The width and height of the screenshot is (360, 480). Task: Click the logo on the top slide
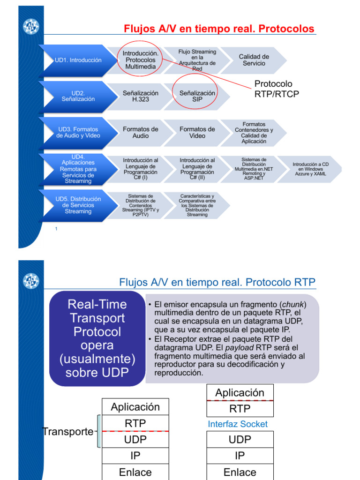click(x=31, y=26)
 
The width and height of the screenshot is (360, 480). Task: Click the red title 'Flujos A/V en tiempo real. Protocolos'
click(x=219, y=29)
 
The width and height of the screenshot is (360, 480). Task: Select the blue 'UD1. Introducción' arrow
click(x=78, y=60)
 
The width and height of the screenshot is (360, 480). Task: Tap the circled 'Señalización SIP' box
click(x=197, y=96)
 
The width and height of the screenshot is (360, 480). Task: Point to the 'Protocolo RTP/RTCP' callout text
click(x=277, y=89)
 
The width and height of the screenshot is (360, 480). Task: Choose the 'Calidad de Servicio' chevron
click(x=254, y=60)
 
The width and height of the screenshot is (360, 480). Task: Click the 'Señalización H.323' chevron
click(x=141, y=96)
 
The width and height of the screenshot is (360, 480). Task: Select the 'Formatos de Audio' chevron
click(x=141, y=132)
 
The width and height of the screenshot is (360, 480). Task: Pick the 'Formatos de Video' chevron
click(x=197, y=132)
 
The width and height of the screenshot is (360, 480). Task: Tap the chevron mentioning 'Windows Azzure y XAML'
click(x=310, y=169)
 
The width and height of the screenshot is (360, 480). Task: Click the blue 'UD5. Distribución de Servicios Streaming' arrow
click(x=78, y=205)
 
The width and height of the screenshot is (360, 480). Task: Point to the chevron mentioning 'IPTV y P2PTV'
click(x=141, y=205)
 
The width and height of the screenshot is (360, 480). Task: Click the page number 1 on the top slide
click(x=56, y=229)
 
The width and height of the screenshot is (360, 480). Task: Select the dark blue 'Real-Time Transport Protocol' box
click(x=97, y=338)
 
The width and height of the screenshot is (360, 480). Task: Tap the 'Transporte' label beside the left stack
click(x=68, y=432)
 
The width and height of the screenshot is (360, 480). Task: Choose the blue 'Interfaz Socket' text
click(x=238, y=424)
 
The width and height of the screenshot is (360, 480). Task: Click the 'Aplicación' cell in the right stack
click(x=240, y=393)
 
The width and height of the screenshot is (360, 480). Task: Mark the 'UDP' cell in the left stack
click(x=135, y=440)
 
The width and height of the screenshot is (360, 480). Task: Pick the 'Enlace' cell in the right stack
click(x=240, y=472)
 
